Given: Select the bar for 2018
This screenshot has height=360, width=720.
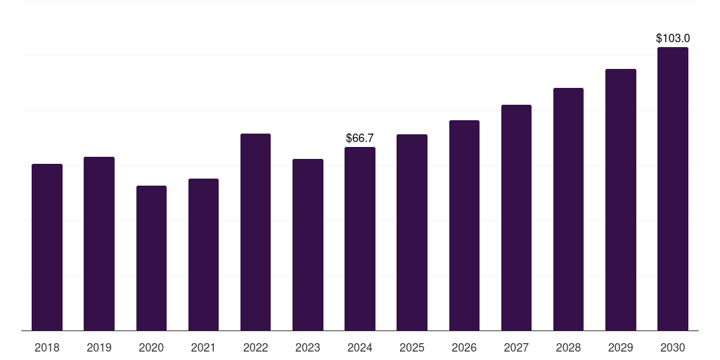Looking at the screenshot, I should tap(47, 247).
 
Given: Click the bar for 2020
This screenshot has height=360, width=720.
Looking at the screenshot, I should tap(151, 258).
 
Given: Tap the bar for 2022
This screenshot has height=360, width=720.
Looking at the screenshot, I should tap(255, 232).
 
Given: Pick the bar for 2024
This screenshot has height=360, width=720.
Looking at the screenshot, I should tap(360, 238).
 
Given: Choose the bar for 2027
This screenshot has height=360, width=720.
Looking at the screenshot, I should tap(516, 217).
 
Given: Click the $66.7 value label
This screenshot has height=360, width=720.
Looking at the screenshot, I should tap(360, 139).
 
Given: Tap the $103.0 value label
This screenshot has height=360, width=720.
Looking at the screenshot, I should tap(673, 39).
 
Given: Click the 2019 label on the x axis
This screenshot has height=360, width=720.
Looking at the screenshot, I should tap(99, 347).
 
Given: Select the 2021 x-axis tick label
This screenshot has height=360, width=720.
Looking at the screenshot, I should tap(203, 347).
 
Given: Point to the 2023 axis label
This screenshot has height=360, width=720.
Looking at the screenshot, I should tap(308, 347).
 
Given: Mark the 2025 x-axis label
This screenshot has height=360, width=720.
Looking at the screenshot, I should tap(412, 347).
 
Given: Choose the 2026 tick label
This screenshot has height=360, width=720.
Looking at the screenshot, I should tap(464, 347).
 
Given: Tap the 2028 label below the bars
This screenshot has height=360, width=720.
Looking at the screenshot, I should tap(568, 347).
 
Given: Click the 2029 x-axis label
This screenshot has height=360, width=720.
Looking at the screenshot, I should tap(621, 347).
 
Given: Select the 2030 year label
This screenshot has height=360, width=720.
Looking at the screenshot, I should tap(673, 347).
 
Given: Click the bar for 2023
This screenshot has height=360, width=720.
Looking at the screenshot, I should tap(308, 245).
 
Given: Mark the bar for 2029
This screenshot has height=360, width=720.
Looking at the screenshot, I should tap(621, 200).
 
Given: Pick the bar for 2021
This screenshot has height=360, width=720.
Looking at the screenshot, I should tap(203, 255).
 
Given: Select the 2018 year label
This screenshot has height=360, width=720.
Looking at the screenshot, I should tap(47, 347).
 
